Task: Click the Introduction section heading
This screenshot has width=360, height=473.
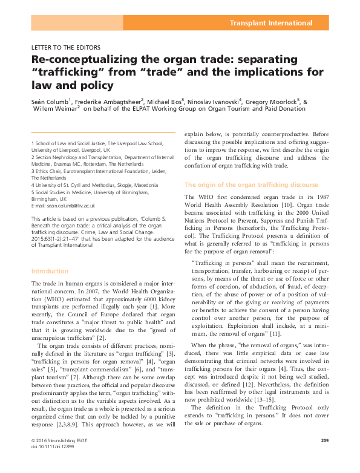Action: coord(50,271)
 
